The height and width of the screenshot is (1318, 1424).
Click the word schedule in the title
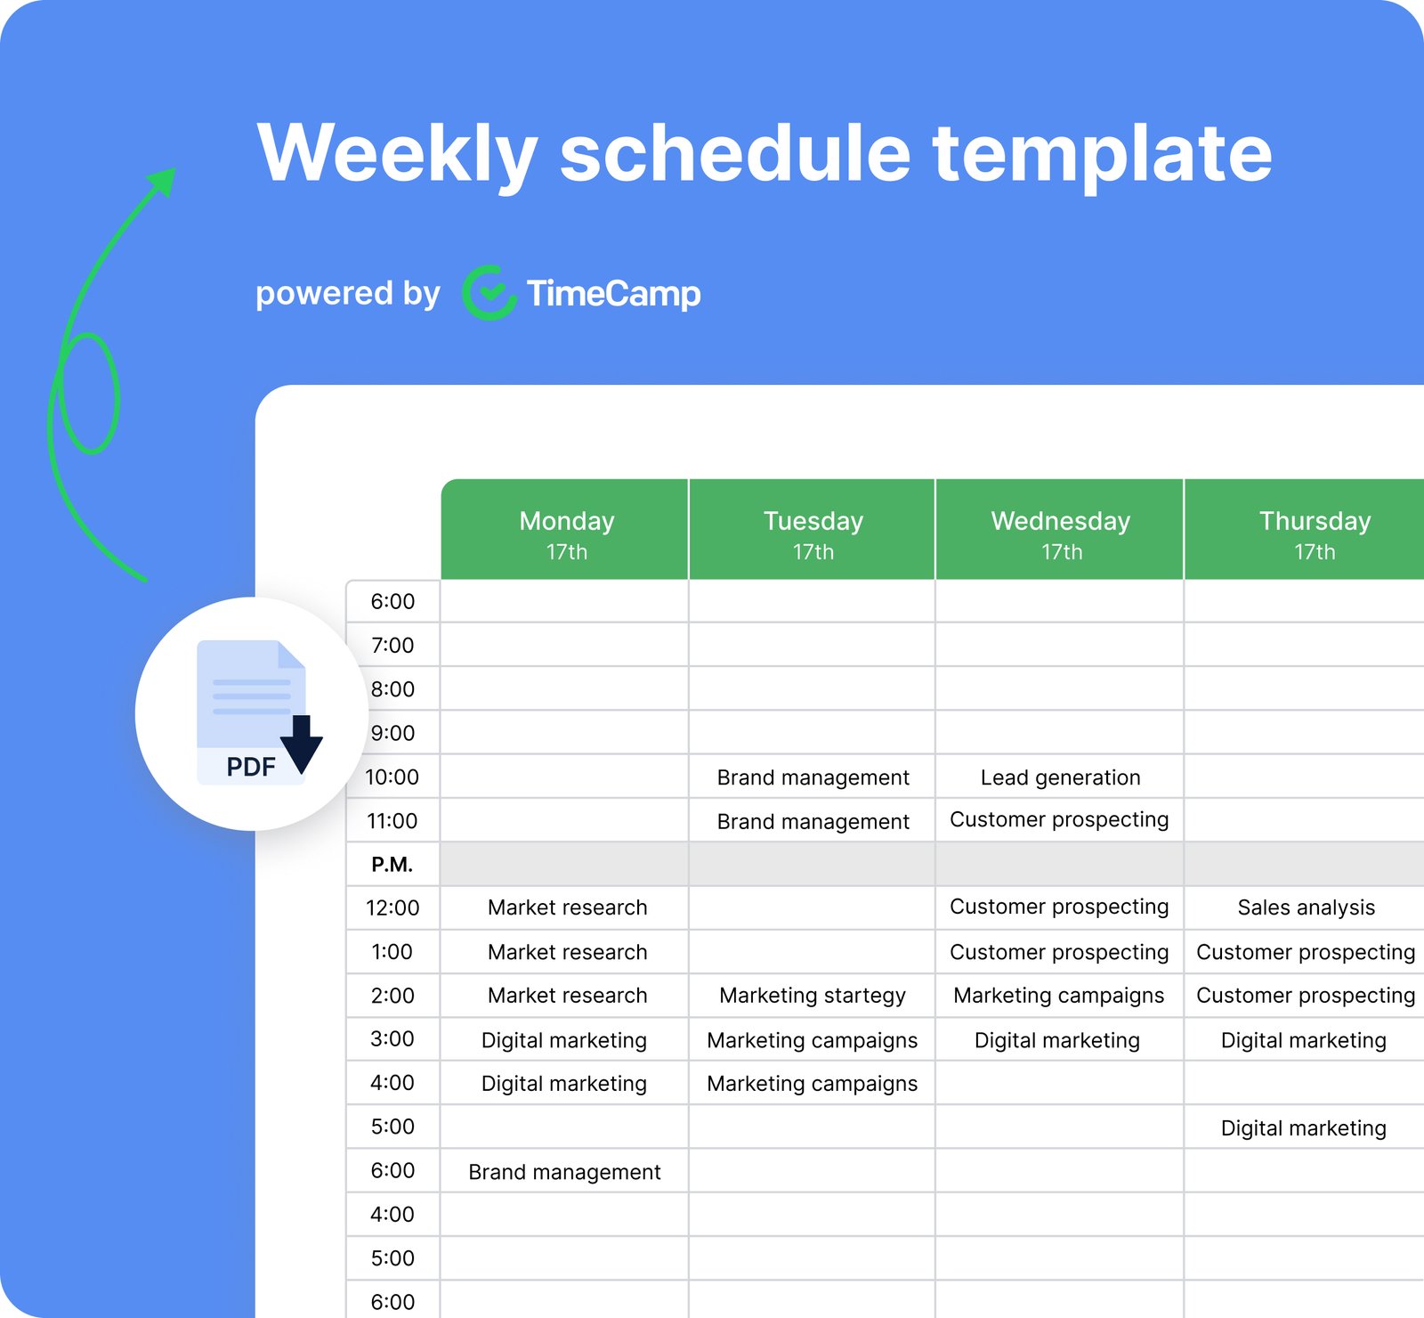click(x=735, y=153)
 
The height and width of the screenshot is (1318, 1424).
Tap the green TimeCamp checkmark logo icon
click(x=489, y=293)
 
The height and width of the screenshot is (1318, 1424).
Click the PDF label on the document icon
click(x=250, y=767)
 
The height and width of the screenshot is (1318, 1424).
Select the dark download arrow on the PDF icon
click(x=302, y=744)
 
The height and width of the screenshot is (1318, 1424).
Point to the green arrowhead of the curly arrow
click(x=164, y=181)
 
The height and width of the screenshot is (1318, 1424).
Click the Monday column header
click(x=566, y=533)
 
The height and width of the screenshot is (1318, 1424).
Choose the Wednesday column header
click(x=1060, y=533)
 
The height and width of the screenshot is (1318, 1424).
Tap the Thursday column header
click(x=1314, y=533)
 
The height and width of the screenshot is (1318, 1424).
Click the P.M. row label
click(x=392, y=865)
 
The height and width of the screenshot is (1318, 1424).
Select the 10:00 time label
click(x=392, y=777)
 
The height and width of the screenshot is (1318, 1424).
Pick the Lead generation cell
click(x=1060, y=777)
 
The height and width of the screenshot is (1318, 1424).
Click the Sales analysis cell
click(x=1306, y=907)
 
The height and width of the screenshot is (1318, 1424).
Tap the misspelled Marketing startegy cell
click(x=812, y=996)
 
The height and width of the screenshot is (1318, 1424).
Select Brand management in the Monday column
click(x=564, y=1172)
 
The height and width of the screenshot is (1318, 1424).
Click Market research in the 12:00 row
click(x=567, y=907)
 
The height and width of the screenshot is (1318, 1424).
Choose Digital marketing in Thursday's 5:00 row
click(x=1303, y=1128)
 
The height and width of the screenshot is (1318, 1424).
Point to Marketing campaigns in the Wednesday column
click(x=1058, y=996)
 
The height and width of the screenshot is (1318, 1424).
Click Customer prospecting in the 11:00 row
click(x=1059, y=820)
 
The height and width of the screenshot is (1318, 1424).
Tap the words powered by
click(x=347, y=293)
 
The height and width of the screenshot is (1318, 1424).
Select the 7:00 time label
click(x=392, y=645)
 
